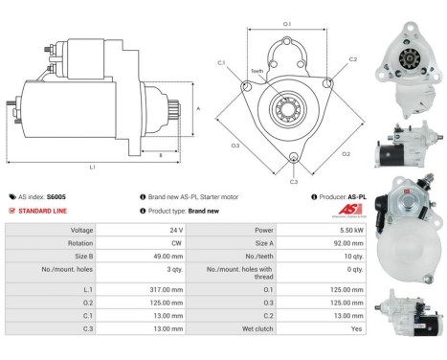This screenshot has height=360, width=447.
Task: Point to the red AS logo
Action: pos(351,211)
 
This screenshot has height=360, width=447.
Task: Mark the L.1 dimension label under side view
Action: pos(92,167)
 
